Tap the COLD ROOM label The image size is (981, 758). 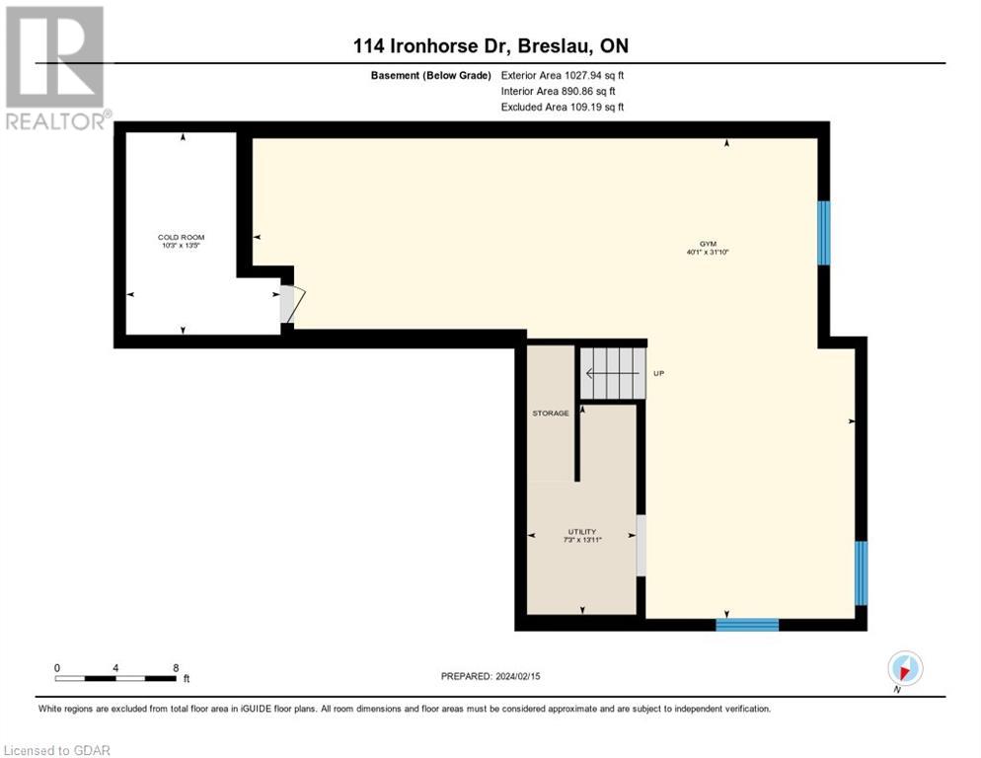coord(182,238)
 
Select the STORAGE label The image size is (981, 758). coord(551,413)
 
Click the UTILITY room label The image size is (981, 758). coord(581,532)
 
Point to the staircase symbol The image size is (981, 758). coord(611,373)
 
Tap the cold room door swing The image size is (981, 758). coord(295,304)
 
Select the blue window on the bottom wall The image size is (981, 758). coord(747,624)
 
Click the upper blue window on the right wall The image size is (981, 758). coord(824,233)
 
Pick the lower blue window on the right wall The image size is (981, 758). coord(861,572)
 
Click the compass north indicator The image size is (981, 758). coord(905,668)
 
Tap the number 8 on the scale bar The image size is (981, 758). coord(176,668)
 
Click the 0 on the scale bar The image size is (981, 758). coord(57,668)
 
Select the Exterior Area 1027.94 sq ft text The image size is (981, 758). coord(563,74)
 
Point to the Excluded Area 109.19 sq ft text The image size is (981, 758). coord(563,107)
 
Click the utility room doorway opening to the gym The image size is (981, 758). coord(641,545)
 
